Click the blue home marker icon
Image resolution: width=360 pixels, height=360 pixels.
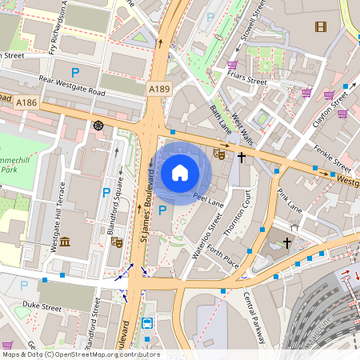pyautogui.click(x=180, y=172)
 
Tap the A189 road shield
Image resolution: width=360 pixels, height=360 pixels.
pyautogui.click(x=159, y=91)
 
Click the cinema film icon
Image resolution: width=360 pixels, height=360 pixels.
pyautogui.click(x=321, y=27)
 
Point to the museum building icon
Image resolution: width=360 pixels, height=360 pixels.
pyautogui.click(x=64, y=241)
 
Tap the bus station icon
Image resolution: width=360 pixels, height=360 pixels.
pyautogui.click(x=148, y=324)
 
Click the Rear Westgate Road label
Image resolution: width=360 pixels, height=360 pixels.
pyautogui.click(x=72, y=86)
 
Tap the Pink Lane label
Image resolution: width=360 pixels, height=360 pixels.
pyautogui.click(x=289, y=201)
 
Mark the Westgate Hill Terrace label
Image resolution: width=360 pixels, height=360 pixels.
pyautogui.click(x=55, y=226)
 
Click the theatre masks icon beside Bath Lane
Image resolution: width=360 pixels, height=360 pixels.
pyautogui.click(x=219, y=154)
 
